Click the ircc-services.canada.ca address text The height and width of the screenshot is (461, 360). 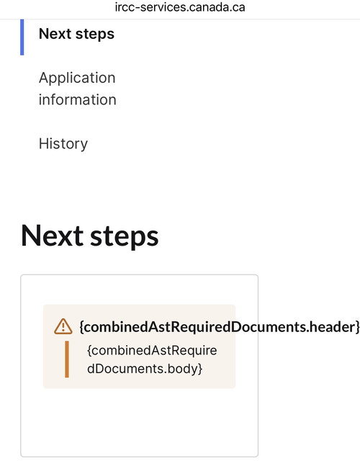click(x=180, y=7)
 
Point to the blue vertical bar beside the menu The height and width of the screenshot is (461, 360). click(x=22, y=37)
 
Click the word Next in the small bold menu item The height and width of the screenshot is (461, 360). click(x=55, y=34)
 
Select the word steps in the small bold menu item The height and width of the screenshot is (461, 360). click(x=95, y=35)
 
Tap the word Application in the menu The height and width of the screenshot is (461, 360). click(x=77, y=79)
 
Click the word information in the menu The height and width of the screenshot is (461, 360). click(x=78, y=99)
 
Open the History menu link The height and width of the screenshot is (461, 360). click(x=63, y=144)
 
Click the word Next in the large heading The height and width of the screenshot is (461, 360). click(x=53, y=236)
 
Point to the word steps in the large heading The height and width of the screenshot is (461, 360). click(x=125, y=238)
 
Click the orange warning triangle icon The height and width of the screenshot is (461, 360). click(x=63, y=326)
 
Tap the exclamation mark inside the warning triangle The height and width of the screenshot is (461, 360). click(x=63, y=327)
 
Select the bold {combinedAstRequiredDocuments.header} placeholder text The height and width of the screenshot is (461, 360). click(x=220, y=327)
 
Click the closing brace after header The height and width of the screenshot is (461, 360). click(x=358, y=327)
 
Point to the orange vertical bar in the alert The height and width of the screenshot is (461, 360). click(x=67, y=359)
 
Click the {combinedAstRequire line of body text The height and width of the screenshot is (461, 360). click(x=152, y=351)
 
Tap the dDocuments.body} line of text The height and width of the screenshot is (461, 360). click(x=145, y=369)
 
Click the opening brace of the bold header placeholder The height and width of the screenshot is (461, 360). click(x=81, y=327)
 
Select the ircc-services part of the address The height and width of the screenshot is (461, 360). click(x=150, y=7)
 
